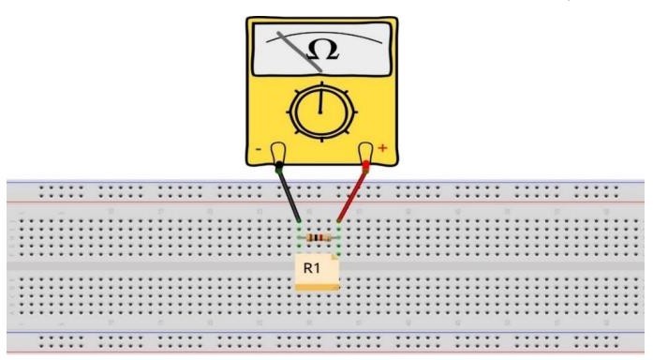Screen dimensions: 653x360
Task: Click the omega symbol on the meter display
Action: pos(322,51)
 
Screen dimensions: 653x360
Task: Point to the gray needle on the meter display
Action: pos(299,52)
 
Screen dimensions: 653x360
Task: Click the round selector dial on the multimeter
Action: pos(322,112)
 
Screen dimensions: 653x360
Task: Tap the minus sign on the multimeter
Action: pos(259,149)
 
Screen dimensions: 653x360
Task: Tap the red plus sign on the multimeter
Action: pos(382,147)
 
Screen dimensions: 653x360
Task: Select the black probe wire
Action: pos(289,193)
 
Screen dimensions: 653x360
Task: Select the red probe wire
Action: pos(352,192)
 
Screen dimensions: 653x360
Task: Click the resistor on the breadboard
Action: pos(319,238)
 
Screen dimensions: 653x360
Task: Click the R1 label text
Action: pos(311,268)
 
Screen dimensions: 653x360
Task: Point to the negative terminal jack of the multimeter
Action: pos(278,152)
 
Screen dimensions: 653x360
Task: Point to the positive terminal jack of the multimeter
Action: pos(365,152)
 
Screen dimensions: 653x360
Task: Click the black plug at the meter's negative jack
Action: pos(279,168)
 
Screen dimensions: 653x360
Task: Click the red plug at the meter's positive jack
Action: pos(365,166)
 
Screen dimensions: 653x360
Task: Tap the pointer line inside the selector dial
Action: pos(320,102)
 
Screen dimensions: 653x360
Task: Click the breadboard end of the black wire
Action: pos(299,221)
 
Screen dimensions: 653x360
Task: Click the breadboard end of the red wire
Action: pos(338,221)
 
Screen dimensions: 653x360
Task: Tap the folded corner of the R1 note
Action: pos(334,257)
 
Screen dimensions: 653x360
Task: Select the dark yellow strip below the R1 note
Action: pos(318,288)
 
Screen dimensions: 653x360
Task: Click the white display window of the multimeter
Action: pos(322,50)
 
